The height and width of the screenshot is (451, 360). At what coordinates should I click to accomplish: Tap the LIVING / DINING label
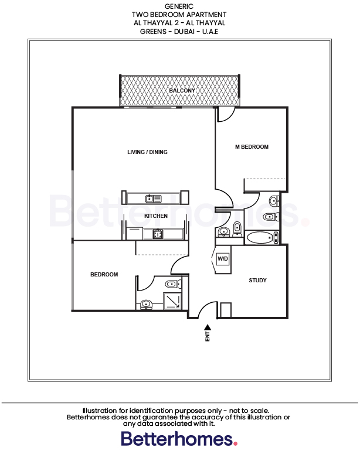[147, 152]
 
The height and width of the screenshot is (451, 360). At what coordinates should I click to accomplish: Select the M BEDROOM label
[252, 147]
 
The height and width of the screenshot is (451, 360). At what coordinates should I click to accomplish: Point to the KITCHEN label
[156, 216]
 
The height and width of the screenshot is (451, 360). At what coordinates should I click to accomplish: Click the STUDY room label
[257, 281]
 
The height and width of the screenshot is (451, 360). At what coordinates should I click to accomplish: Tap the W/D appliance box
[223, 258]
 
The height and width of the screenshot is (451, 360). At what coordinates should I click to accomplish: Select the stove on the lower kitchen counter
[157, 234]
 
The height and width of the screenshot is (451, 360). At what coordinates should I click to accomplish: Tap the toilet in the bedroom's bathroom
[171, 285]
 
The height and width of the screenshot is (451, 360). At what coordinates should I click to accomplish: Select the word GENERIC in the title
[179, 6]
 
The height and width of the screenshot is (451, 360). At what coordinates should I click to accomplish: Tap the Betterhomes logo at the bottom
[179, 438]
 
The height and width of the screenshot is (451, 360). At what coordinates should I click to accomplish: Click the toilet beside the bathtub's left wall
[236, 228]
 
